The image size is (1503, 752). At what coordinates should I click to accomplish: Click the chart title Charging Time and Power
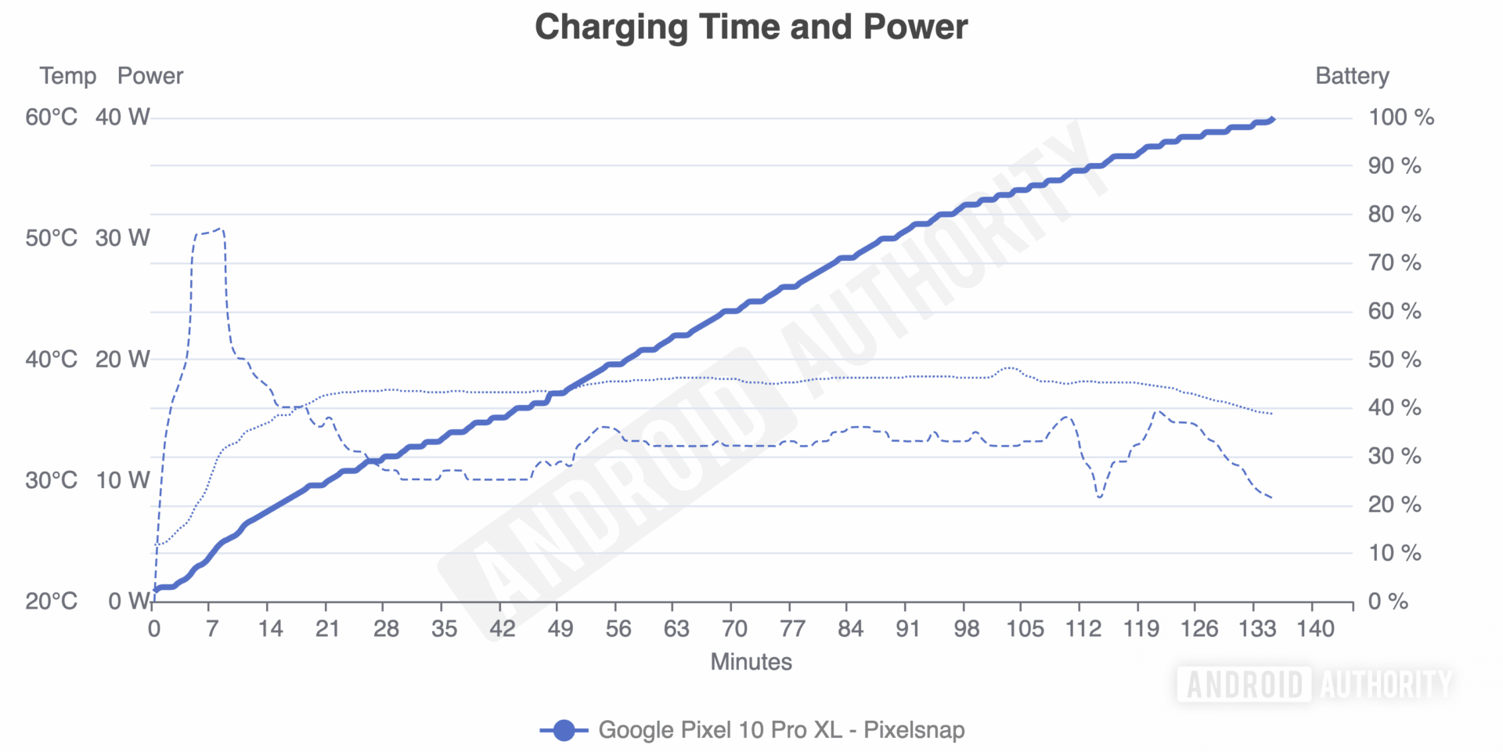pos(751,27)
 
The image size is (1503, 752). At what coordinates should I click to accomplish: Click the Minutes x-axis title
pos(751,662)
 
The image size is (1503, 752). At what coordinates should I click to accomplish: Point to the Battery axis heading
pos(1352,76)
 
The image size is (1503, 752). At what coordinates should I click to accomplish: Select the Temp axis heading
pos(68,76)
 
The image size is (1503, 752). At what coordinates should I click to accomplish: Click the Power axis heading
pos(150,76)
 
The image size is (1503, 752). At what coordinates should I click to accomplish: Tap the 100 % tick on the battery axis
pos(1400,117)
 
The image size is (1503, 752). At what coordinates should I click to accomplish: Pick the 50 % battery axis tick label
pos(1394,360)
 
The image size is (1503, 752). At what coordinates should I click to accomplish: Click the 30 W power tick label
pos(122,238)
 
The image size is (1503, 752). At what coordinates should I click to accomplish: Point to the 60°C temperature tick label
pos(52,117)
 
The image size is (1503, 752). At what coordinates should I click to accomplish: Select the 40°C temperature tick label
pos(52,360)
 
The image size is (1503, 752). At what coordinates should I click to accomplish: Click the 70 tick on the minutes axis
pos(734,628)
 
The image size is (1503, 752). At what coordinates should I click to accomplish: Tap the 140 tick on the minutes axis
pos(1315,628)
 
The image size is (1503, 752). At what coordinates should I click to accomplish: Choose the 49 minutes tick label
pos(560,628)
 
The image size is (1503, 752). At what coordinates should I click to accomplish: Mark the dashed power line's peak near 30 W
pos(220,230)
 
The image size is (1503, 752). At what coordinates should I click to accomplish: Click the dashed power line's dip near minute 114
pos(1100,497)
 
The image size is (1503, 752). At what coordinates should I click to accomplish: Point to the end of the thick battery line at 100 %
pos(1272,119)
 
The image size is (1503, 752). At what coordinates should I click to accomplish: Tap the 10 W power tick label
pos(122,480)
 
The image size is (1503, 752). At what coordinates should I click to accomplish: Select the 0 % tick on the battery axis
pos(1387,602)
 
